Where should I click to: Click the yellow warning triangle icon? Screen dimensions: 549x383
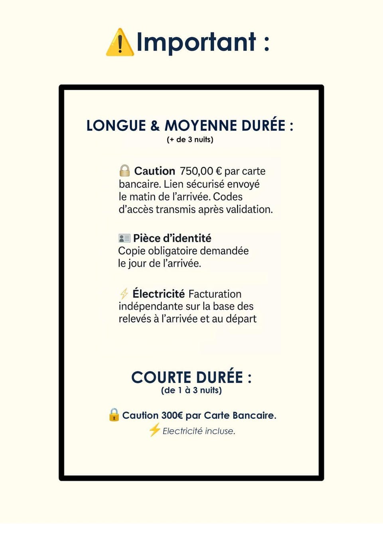[x=119, y=43]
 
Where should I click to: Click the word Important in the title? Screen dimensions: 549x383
[x=196, y=42]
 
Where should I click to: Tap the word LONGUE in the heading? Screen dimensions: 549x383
[x=116, y=126]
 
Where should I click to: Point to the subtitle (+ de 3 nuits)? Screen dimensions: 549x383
[x=190, y=140]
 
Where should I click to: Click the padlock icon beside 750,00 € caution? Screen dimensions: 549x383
[x=124, y=171]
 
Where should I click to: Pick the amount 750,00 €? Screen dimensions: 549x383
[x=201, y=171]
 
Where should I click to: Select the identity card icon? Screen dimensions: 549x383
[x=124, y=238]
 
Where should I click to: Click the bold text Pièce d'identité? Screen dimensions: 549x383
[x=172, y=238]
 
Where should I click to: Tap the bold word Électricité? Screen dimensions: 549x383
[x=158, y=294]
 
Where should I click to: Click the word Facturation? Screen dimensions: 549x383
[x=215, y=294]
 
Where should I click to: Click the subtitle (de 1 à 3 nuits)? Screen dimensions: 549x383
[x=191, y=390]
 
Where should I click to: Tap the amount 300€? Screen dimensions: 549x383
[x=172, y=416]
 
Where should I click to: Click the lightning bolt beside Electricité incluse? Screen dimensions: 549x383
[x=154, y=430]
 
